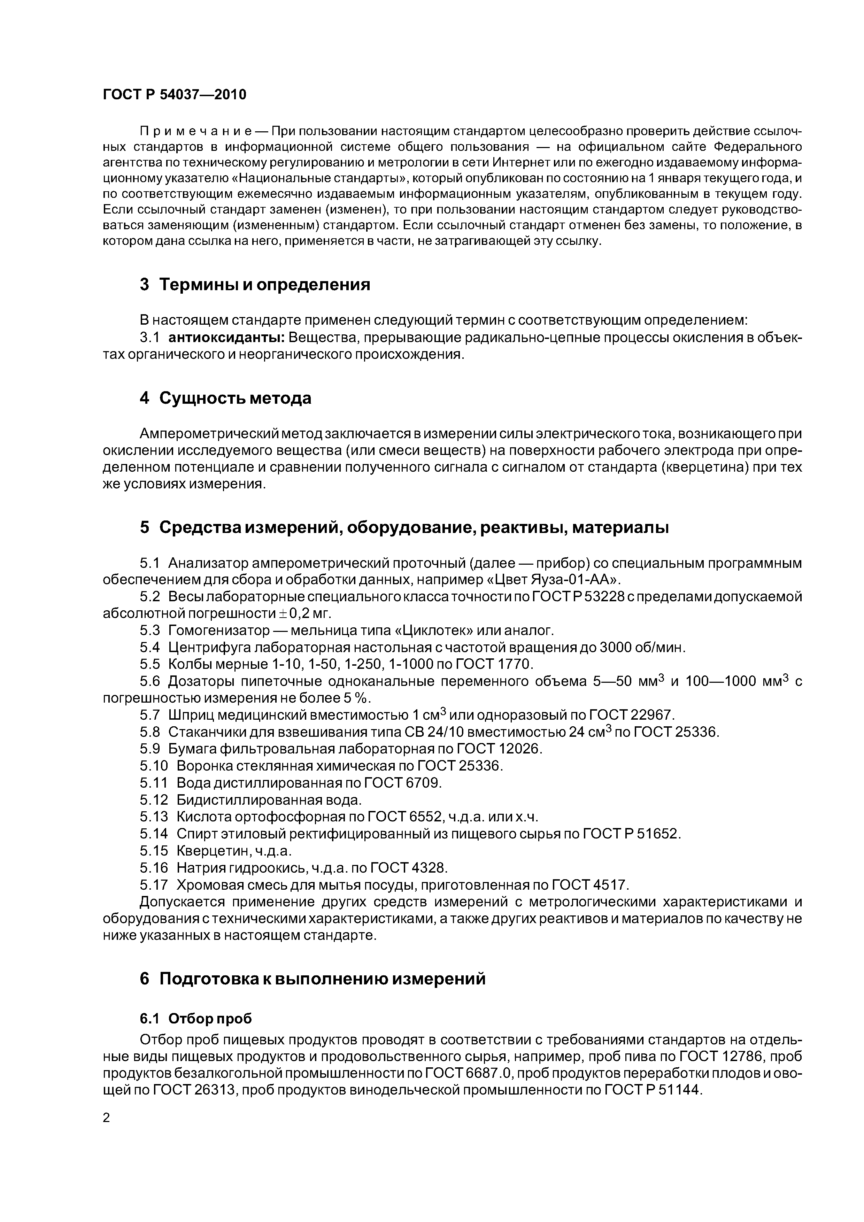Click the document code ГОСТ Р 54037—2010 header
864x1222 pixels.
[175, 95]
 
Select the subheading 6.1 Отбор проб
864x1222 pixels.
[195, 1019]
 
